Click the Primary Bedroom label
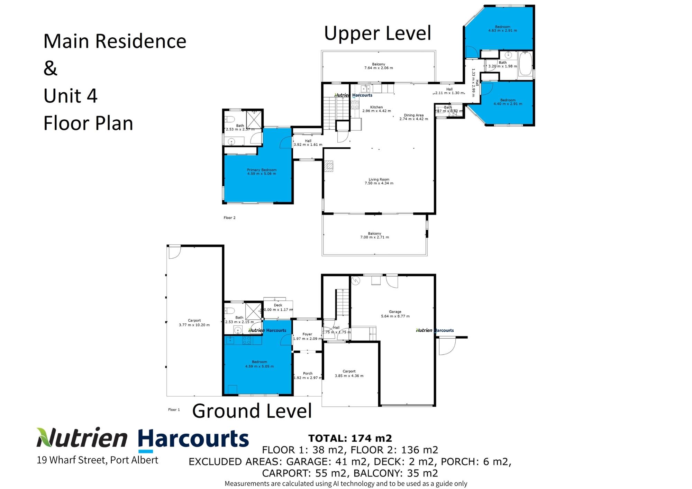coord(262,170)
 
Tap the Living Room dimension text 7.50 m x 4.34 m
coord(379,183)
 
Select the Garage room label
coord(395,312)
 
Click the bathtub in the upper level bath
coord(526,63)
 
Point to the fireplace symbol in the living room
coord(329,166)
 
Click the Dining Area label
coord(413,115)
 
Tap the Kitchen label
coord(376,107)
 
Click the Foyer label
coord(307,334)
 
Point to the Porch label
coord(308,373)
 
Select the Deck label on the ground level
coord(278,305)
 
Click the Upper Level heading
coord(377,34)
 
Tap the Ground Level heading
coord(252,411)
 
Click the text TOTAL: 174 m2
coord(350,438)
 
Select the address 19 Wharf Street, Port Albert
coord(97,460)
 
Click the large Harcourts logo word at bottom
coord(193,440)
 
